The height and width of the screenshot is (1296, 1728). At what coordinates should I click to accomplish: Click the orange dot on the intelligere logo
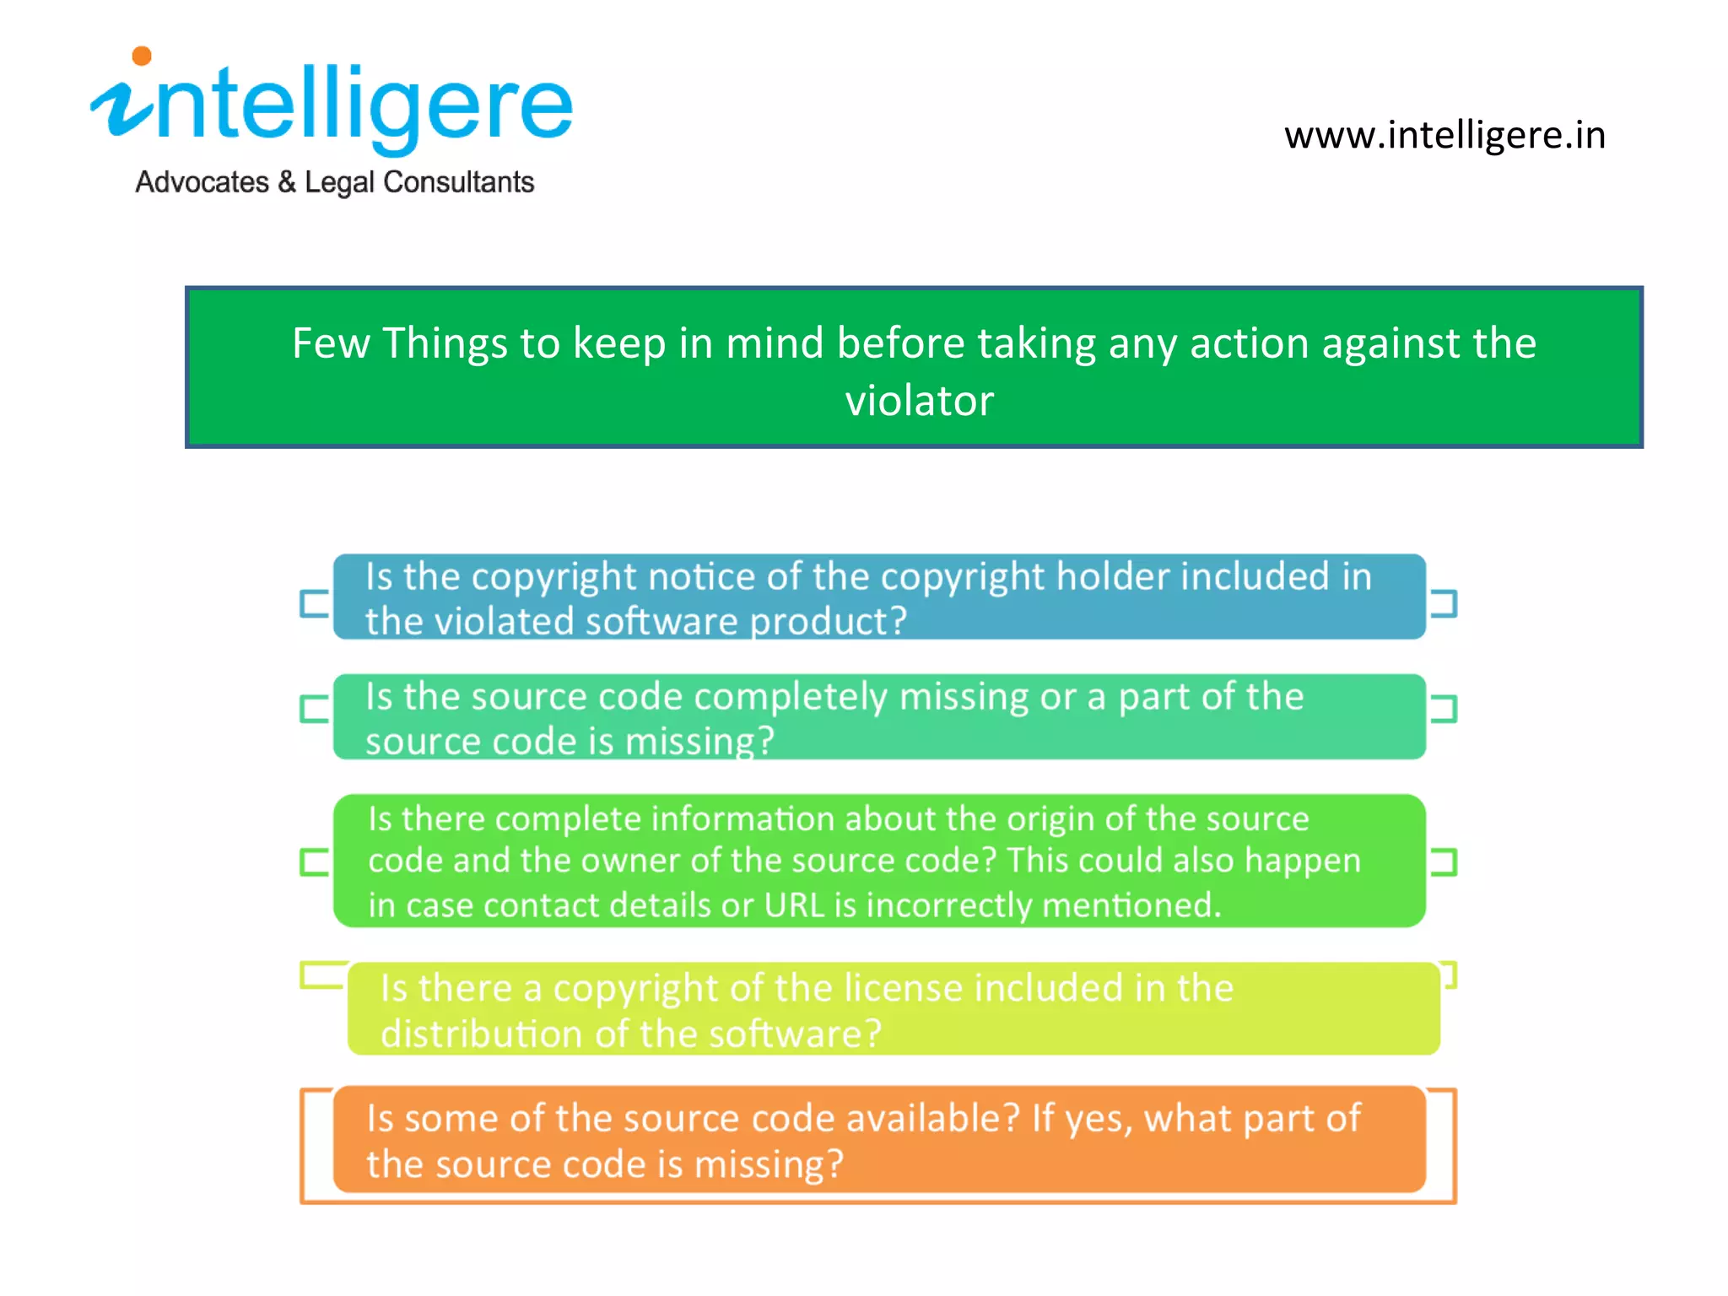(x=142, y=57)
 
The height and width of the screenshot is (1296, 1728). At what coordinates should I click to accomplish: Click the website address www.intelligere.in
(x=1444, y=136)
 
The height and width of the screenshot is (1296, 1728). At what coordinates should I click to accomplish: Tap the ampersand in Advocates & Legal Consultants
(x=287, y=182)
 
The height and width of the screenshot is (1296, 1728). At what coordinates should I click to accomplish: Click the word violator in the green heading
(x=919, y=401)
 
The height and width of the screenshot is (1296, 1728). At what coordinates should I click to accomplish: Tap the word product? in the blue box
(x=828, y=622)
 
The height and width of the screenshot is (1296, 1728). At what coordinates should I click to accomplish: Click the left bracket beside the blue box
(x=314, y=603)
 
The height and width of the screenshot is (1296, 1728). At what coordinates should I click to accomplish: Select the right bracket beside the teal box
(x=1444, y=709)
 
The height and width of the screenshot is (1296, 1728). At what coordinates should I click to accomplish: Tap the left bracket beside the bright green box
(x=314, y=862)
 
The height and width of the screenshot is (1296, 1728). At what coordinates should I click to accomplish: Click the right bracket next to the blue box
(x=1444, y=603)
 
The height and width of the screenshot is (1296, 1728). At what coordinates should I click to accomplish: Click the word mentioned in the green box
(x=1131, y=905)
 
